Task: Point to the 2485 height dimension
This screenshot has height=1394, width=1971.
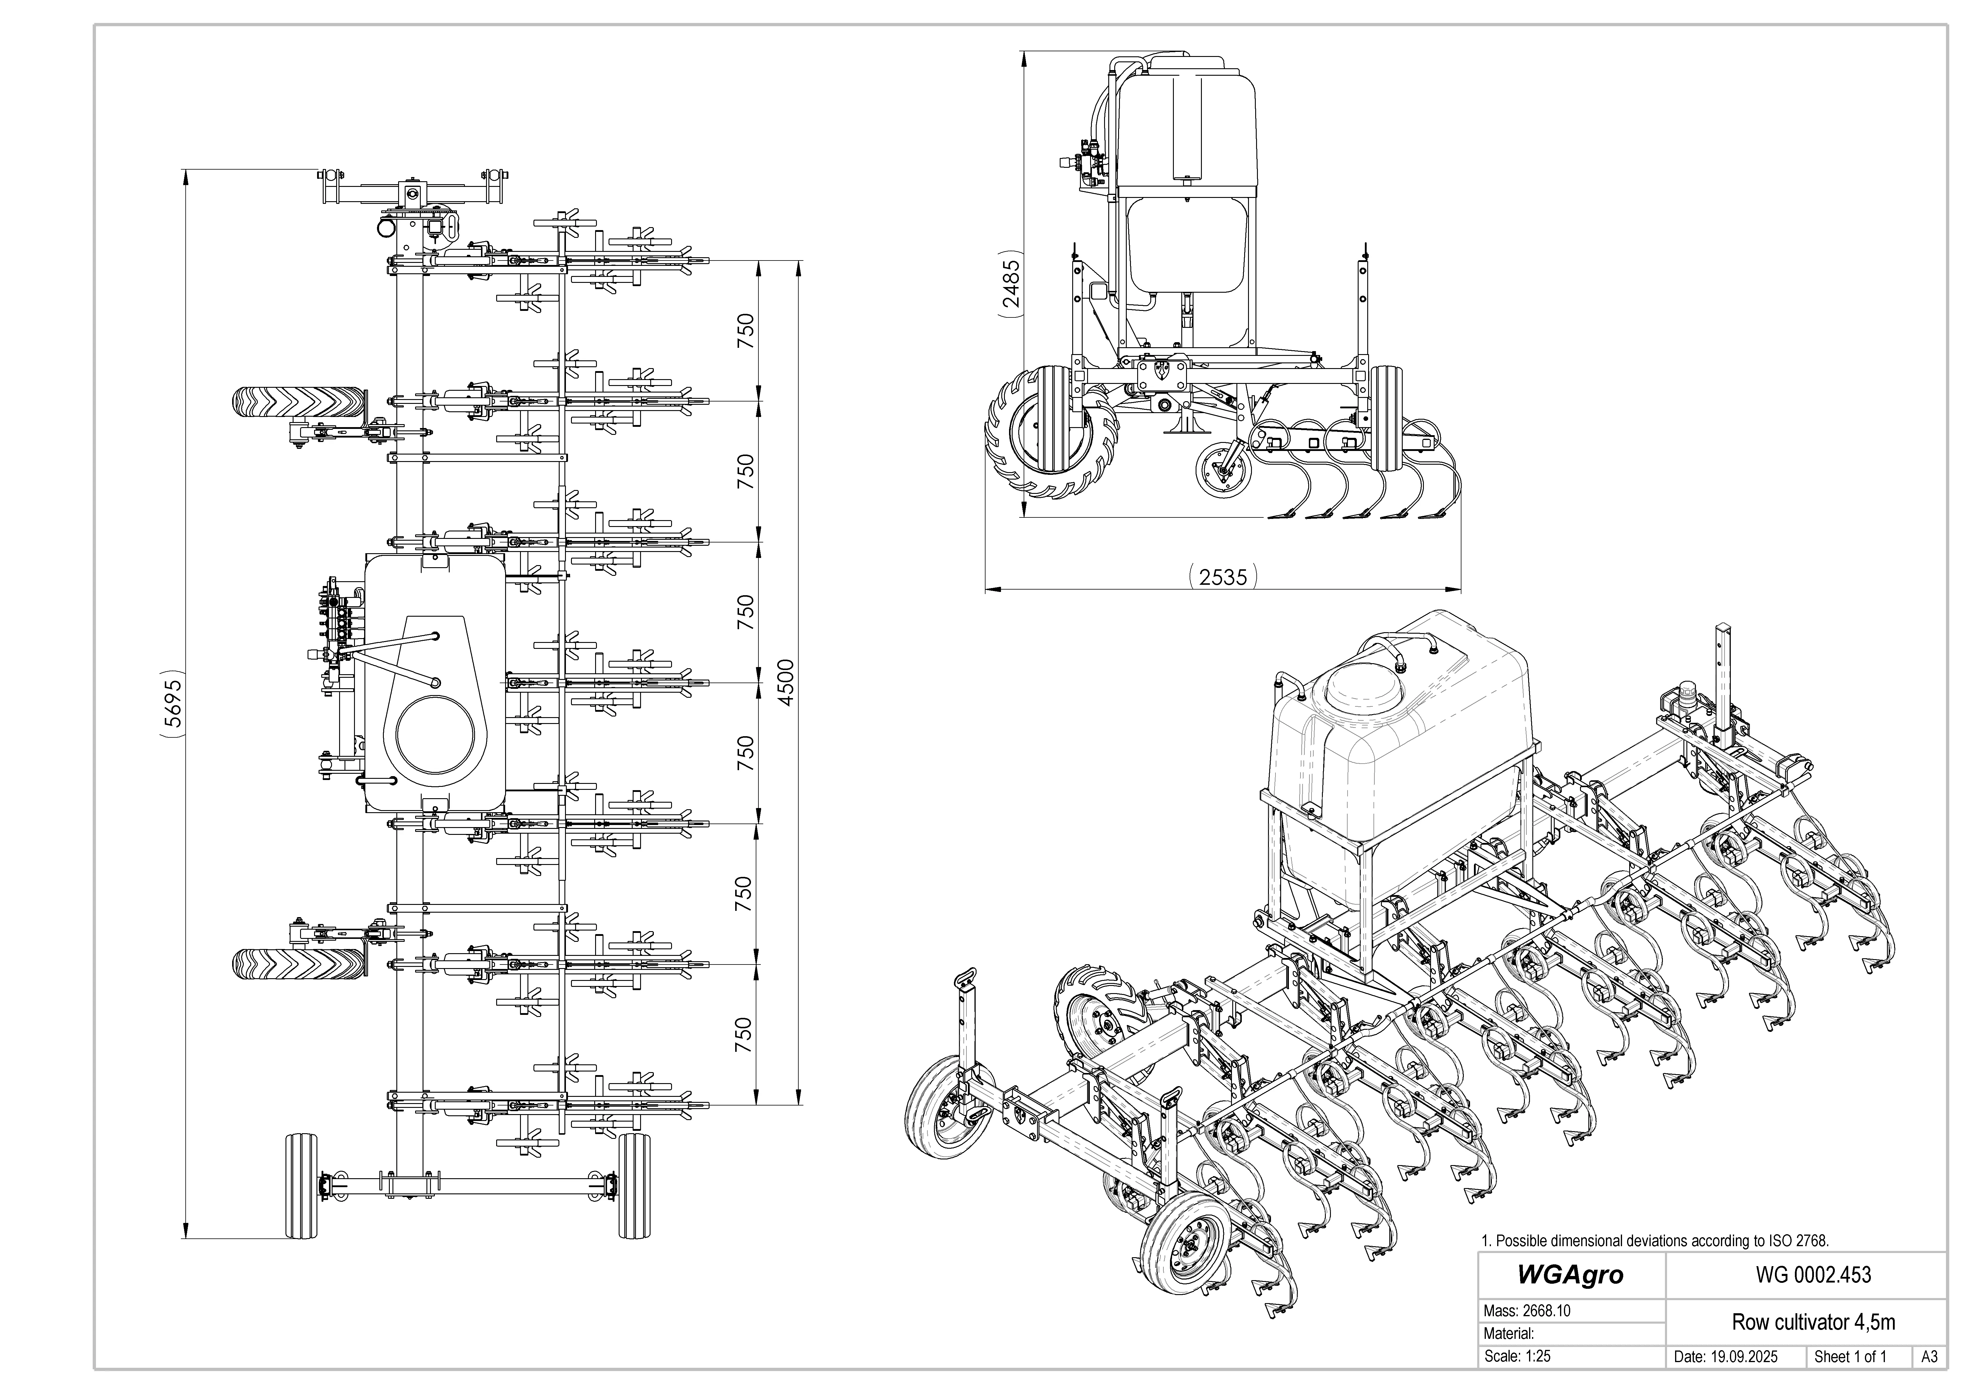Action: (1011, 284)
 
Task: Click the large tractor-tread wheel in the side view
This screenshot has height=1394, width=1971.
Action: (1052, 433)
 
